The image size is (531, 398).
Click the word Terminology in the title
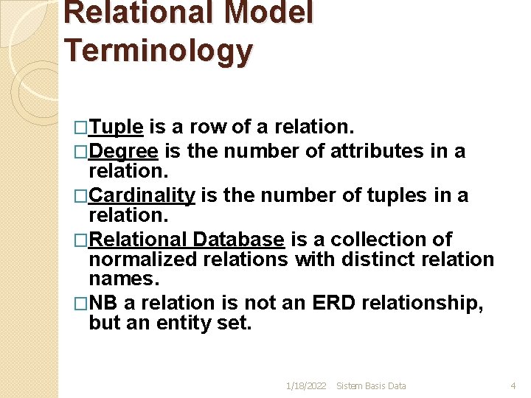[x=159, y=50]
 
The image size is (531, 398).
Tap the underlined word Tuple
[x=116, y=127]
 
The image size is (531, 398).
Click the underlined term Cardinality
[x=142, y=195]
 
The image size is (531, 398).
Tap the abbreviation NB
[x=103, y=304]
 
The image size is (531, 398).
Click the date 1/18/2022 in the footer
[x=305, y=385]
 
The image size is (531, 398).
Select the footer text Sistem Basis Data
[x=371, y=385]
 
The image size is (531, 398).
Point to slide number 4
[x=513, y=385]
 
